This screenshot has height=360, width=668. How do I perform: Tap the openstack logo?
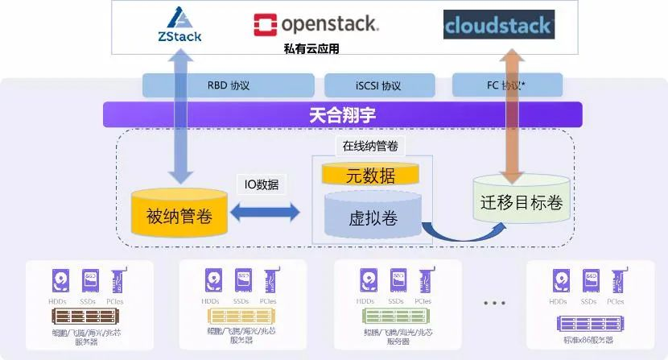pos(315,24)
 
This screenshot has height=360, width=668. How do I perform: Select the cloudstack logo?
pos(498,25)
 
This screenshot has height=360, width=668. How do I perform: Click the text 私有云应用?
pos(311,48)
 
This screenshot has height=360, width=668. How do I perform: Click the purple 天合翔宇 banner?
pos(343,115)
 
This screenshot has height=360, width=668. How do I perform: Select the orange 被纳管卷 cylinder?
pos(179,211)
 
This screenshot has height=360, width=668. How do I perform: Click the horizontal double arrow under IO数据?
pos(265,213)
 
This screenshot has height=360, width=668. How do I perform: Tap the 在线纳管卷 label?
pos(370,147)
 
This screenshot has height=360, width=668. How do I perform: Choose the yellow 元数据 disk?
pos(370,175)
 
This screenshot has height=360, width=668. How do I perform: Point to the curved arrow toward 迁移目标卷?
pos(459,234)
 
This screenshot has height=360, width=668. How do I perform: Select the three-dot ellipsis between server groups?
pos(494,303)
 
